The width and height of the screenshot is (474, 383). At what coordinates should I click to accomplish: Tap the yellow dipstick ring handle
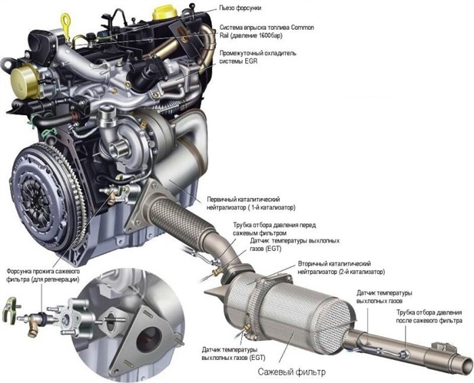(65, 22)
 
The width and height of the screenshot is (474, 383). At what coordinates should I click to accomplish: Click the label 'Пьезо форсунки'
(240, 8)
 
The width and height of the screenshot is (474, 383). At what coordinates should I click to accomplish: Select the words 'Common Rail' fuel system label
(267, 31)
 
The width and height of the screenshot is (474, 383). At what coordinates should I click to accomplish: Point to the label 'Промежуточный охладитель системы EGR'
(258, 57)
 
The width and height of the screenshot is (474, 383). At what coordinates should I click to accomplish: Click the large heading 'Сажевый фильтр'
(292, 371)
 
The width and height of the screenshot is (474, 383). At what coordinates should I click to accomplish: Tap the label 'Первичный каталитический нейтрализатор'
(251, 203)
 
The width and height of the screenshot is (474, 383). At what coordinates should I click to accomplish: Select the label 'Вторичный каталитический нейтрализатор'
(341, 268)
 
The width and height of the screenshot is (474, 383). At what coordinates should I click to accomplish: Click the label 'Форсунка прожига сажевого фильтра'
(43, 275)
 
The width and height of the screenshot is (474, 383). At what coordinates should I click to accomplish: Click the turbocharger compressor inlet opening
(116, 149)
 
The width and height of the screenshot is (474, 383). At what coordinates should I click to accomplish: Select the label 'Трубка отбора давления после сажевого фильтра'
(429, 317)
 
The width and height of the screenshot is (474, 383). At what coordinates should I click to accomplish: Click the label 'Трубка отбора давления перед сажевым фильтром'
(274, 229)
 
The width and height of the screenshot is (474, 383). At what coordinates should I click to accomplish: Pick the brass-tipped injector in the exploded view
(36, 322)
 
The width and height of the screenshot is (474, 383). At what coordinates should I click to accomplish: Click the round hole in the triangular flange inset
(149, 339)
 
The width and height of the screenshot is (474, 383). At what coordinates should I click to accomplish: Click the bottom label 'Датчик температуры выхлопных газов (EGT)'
(234, 354)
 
